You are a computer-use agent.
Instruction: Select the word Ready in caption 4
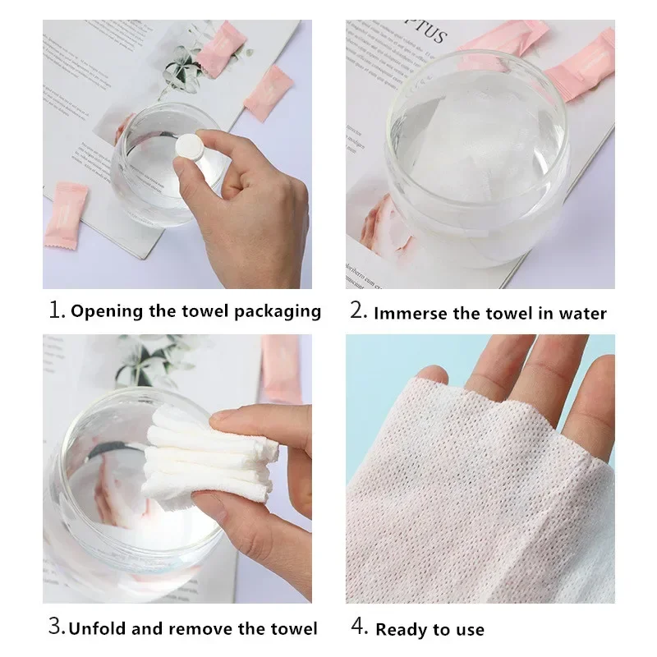[401, 630]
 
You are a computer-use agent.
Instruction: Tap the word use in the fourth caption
[468, 630]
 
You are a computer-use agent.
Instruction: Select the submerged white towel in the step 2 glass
[476, 148]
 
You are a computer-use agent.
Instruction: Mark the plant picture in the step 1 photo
[182, 70]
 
